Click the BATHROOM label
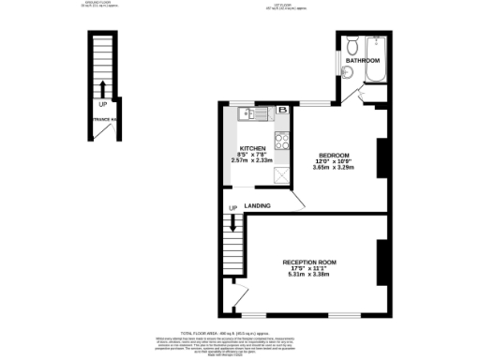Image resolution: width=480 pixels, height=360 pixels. [x=362, y=61]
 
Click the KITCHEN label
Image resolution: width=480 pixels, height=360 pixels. [x=252, y=148]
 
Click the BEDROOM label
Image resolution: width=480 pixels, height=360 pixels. [x=334, y=155]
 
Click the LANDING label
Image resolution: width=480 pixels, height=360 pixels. [x=258, y=205]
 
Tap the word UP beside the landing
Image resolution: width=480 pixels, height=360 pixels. [x=232, y=208]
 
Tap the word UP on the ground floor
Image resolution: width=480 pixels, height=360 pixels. [x=102, y=104]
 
